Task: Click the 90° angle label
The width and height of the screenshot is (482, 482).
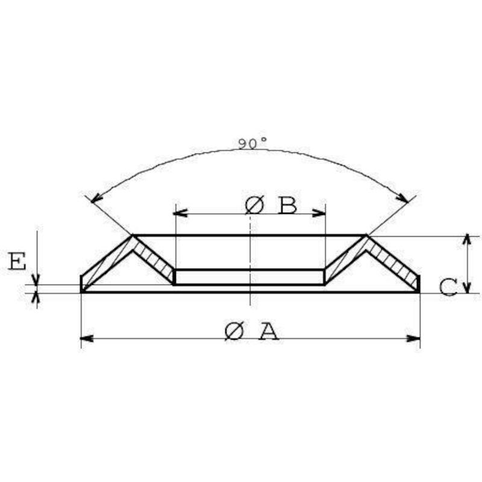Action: pos(252,143)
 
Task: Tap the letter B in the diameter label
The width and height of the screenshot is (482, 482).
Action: pos(288,205)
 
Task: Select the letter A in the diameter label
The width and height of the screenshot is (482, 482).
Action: pos(269,331)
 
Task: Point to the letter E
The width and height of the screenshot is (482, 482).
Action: pos(17,261)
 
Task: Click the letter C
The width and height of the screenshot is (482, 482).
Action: pos(448,287)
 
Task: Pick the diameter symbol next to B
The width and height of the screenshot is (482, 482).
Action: pos(254,205)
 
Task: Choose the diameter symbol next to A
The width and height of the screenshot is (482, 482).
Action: pos(234,331)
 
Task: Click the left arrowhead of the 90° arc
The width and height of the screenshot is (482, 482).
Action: pos(96,198)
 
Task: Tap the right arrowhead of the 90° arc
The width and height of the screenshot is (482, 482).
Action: pos(402,198)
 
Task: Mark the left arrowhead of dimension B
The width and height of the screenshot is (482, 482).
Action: pos(181,213)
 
